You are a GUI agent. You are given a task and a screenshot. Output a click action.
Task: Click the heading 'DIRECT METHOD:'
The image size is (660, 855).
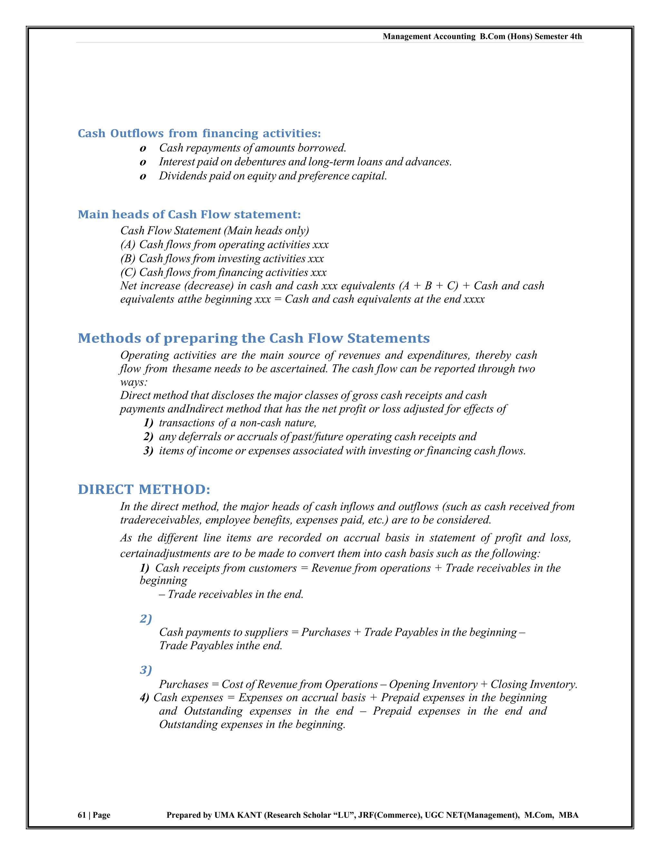[x=144, y=489]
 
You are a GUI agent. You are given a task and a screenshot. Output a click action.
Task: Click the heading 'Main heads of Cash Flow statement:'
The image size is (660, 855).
[x=189, y=215]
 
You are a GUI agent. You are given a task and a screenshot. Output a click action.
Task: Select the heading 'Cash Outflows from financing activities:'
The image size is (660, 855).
[x=199, y=134]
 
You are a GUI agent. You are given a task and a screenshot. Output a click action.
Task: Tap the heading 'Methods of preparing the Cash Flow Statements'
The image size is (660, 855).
[x=253, y=338]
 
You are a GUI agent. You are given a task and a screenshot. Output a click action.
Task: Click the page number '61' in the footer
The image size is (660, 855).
[x=81, y=815]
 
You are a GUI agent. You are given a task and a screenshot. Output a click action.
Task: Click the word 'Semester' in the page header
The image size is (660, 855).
[x=550, y=36]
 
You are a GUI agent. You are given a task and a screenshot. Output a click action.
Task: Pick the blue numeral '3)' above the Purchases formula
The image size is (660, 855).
[x=145, y=670]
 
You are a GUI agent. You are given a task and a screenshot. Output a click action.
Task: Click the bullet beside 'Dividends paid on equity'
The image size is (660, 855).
[x=143, y=177]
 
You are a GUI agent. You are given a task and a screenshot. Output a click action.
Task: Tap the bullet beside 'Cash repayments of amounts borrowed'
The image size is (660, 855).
[x=143, y=149]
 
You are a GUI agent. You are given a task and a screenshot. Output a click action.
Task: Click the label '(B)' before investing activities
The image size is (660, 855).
[x=128, y=259]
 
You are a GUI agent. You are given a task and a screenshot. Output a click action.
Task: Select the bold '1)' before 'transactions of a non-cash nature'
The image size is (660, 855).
[x=148, y=423]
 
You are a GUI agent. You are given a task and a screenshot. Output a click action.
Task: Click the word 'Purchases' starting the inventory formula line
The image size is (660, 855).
[x=183, y=684]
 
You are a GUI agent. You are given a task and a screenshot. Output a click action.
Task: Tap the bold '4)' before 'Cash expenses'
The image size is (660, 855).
[x=144, y=698]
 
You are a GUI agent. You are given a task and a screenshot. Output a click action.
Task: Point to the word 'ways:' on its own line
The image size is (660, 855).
[x=134, y=382]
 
